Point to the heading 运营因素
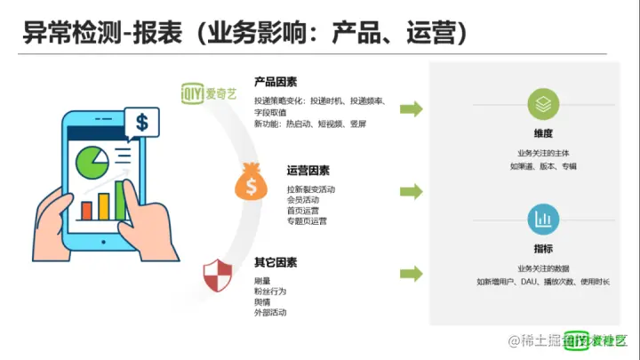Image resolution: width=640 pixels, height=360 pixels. (x=308, y=171)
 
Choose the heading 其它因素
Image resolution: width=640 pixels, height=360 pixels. (x=276, y=262)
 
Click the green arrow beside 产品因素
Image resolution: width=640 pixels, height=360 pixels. (x=411, y=108)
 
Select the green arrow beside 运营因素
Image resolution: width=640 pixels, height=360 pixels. (x=411, y=191)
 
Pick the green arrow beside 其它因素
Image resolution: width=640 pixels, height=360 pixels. (x=411, y=273)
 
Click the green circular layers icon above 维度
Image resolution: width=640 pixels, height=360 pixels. (x=543, y=104)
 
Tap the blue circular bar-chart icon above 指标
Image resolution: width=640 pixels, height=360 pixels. (x=543, y=219)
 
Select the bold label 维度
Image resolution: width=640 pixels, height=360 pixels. (x=543, y=133)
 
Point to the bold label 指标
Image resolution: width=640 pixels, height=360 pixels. (x=543, y=249)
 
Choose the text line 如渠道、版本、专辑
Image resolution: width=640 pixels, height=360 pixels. (x=543, y=166)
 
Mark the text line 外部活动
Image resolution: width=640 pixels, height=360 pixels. (x=270, y=312)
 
